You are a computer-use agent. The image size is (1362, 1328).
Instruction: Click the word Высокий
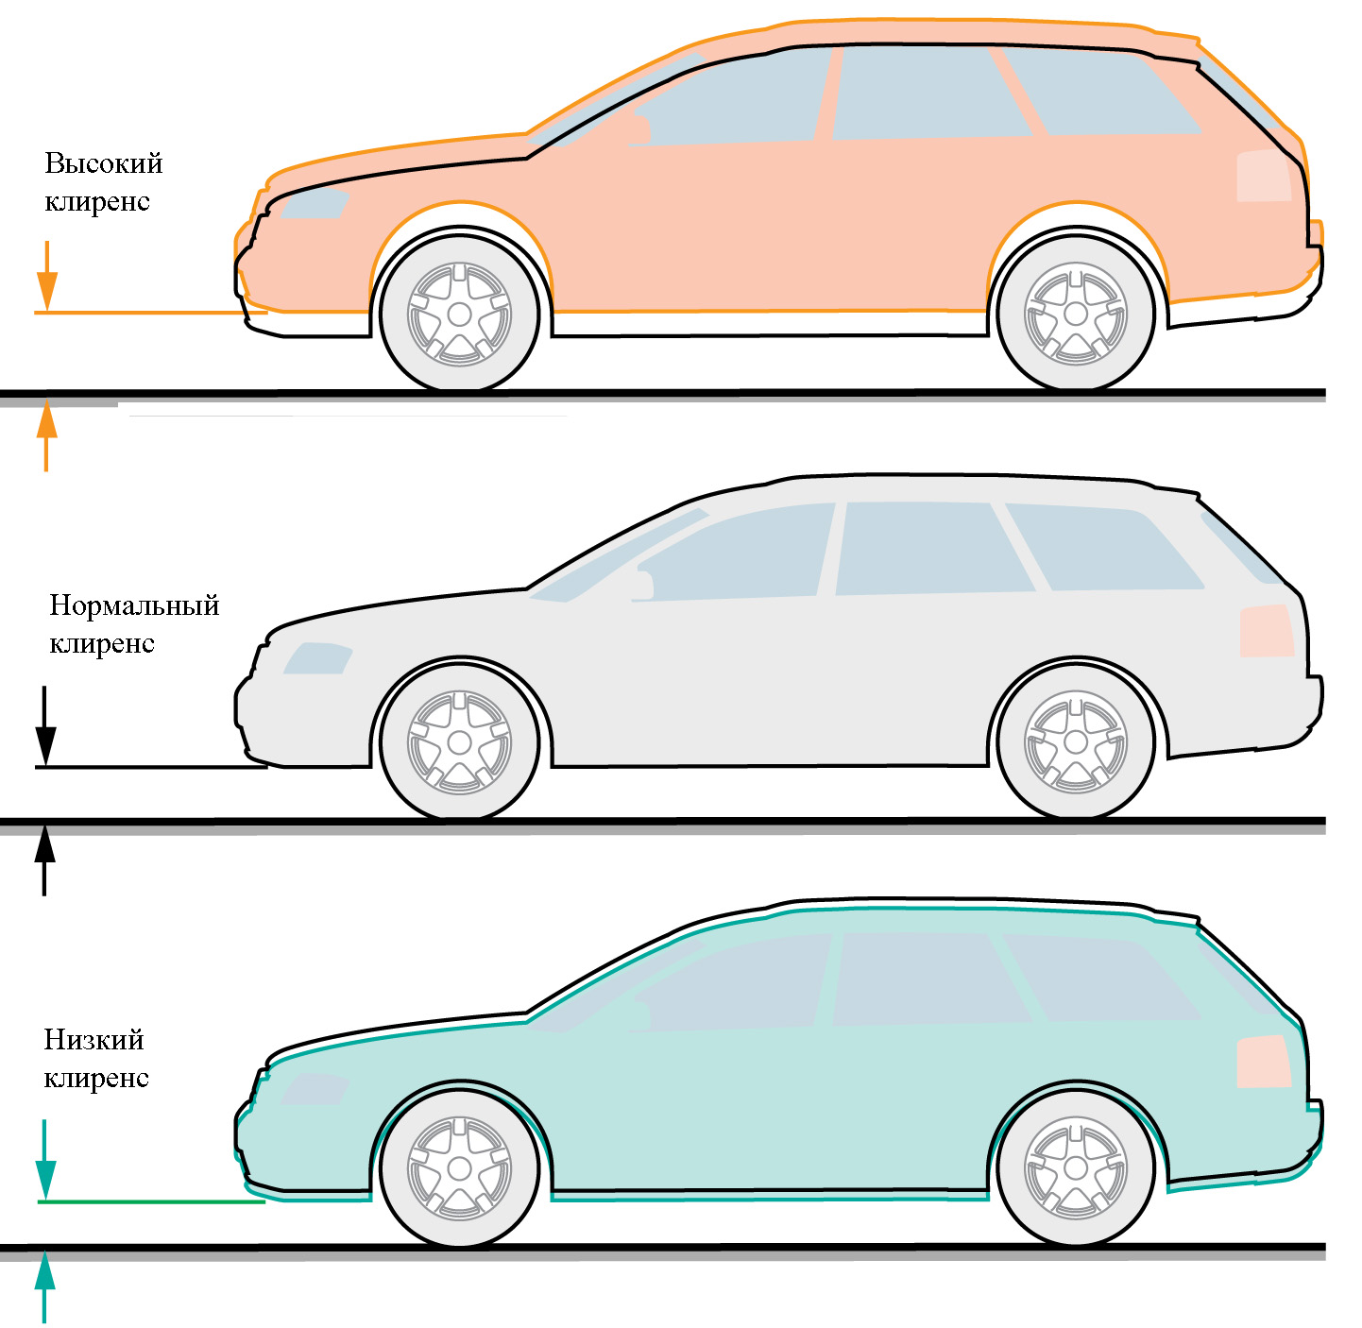coord(104,164)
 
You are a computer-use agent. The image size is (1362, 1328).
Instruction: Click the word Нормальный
coord(134,605)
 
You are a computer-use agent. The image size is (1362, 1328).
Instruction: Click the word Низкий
coord(94,1040)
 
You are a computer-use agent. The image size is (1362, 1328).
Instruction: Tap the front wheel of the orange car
coord(459,314)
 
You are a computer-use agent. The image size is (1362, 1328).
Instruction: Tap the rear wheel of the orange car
coord(1076,314)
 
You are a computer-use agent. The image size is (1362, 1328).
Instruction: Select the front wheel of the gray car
coord(459,742)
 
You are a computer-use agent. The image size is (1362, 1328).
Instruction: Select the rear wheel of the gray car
coord(1076,742)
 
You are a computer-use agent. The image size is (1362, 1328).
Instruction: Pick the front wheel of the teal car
coord(459,1168)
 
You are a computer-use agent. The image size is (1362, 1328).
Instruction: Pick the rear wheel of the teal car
coord(1076,1168)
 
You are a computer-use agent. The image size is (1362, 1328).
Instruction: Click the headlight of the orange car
coord(315,202)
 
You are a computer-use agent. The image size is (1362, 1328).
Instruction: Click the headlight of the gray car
coord(317,658)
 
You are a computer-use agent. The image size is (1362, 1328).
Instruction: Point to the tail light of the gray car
coord(1266,632)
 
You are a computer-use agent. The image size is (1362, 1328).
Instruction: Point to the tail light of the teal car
coord(1264,1062)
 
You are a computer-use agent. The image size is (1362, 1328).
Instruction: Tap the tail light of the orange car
coord(1264,176)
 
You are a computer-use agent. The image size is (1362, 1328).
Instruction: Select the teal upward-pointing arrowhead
coord(44,1270)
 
